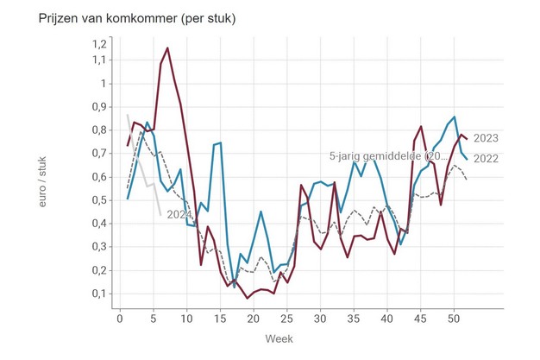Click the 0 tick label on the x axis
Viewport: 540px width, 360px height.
click(120, 319)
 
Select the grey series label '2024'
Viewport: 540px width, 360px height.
click(179, 214)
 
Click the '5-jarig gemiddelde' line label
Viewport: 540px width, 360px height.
click(388, 156)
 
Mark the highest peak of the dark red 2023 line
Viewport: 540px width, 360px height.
click(167, 48)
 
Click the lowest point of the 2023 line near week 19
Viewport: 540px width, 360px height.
click(248, 298)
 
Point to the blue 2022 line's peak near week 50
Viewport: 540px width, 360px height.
click(455, 117)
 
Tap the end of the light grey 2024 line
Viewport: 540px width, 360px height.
click(160, 213)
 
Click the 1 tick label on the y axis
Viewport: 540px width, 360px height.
click(102, 84)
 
